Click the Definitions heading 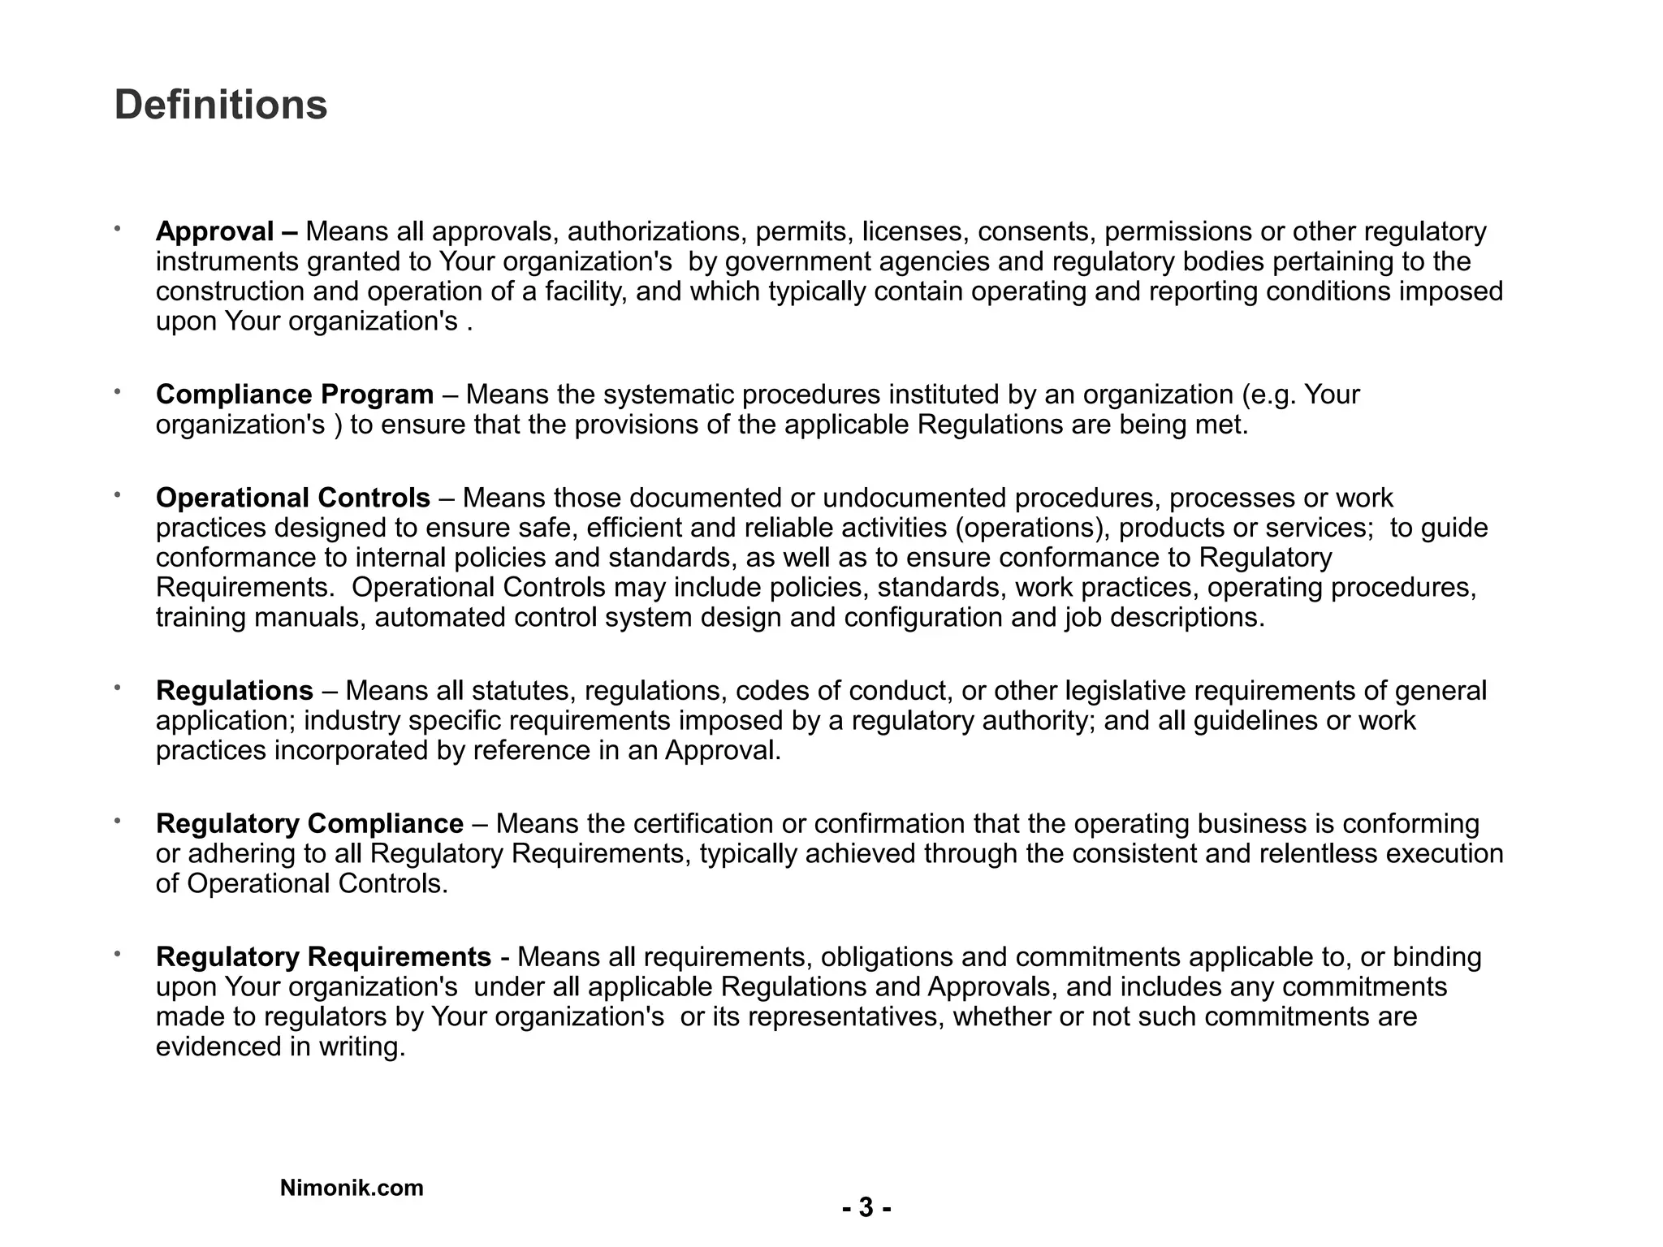click(220, 106)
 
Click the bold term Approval click(214, 232)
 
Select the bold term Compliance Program click(294, 395)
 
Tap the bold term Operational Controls click(292, 498)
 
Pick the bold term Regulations click(234, 691)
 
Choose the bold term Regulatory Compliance click(309, 824)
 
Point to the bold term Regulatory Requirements click(323, 957)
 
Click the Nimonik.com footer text click(352, 1188)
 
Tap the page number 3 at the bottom click(866, 1208)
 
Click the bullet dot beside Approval click(117, 229)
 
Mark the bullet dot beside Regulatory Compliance click(117, 821)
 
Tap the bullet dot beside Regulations click(117, 688)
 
